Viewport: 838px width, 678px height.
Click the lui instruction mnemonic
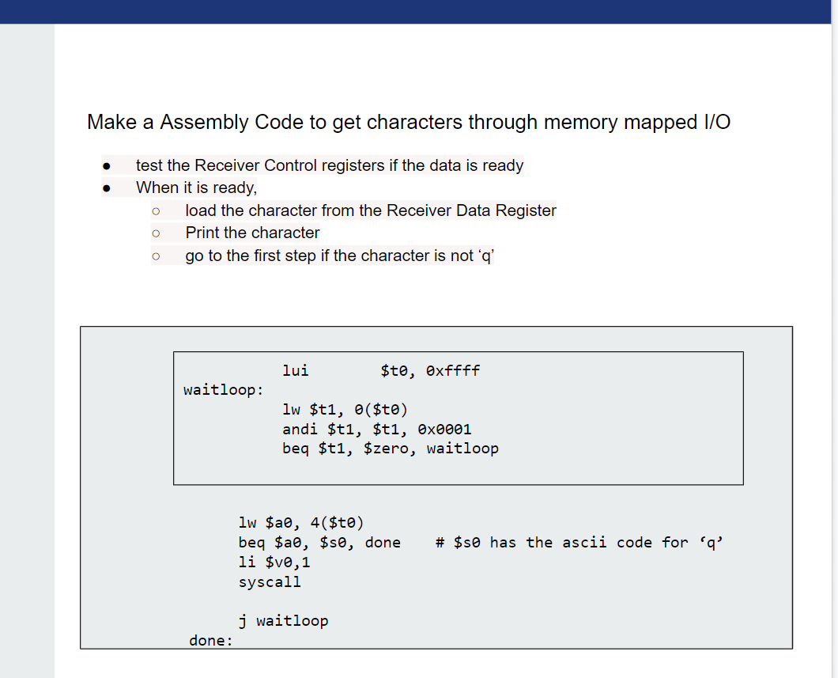pos(296,370)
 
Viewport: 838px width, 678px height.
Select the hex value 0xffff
pos(452,370)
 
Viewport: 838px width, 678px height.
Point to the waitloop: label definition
pos(224,390)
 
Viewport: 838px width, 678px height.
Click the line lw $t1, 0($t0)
pos(345,410)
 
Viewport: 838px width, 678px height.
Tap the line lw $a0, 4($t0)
pos(300,522)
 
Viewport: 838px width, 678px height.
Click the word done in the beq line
pos(383,542)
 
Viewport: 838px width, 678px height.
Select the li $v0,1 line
pos(274,562)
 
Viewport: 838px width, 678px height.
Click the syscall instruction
pos(270,582)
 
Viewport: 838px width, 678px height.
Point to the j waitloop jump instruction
pos(283,621)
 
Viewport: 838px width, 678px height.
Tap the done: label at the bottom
pos(211,641)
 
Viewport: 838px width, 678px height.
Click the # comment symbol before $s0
pos(440,542)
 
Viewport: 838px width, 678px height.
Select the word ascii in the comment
pos(584,542)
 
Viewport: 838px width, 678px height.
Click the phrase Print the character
pos(252,233)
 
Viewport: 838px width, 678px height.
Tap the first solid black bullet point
pos(105,166)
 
